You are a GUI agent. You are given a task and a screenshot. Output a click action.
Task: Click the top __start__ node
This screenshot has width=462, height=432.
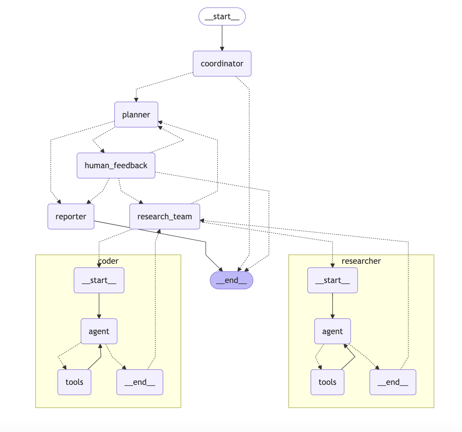pyautogui.click(x=222, y=17)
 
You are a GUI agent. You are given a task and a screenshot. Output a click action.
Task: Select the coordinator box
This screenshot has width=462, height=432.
pyautogui.click(x=222, y=64)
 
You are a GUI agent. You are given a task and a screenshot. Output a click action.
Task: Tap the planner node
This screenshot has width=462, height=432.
pyautogui.click(x=136, y=115)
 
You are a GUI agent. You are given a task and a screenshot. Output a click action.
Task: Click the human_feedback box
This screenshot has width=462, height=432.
pyautogui.click(x=116, y=166)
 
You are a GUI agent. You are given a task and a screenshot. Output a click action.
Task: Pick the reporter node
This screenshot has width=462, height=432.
pyautogui.click(x=71, y=217)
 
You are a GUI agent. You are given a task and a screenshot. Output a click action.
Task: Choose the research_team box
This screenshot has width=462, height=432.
pyautogui.click(x=165, y=217)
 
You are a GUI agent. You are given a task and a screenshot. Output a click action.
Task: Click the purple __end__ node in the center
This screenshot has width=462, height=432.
pyautogui.click(x=231, y=280)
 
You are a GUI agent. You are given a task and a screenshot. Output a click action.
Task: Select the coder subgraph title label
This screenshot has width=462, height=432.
pyautogui.click(x=108, y=261)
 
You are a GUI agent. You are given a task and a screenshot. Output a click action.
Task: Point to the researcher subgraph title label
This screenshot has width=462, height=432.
pyautogui.click(x=361, y=261)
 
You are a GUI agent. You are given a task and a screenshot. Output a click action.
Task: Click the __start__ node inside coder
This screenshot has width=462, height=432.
pyautogui.click(x=99, y=280)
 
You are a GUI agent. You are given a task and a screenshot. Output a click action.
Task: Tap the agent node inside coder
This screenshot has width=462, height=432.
pyautogui.click(x=99, y=331)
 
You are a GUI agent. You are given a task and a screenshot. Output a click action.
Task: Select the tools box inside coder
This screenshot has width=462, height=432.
pyautogui.click(x=74, y=382)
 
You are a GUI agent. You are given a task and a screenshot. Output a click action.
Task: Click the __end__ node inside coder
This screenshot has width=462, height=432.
pyautogui.click(x=140, y=382)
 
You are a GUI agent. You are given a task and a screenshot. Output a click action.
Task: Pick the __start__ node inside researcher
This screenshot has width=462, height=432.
pyautogui.click(x=333, y=280)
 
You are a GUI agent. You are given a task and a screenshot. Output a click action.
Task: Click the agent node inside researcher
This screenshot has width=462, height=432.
pyautogui.click(x=333, y=331)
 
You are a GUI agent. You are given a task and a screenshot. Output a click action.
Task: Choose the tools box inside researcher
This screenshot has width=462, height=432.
pyautogui.click(x=327, y=382)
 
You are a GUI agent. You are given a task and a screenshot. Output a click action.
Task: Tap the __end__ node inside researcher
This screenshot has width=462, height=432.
pyautogui.click(x=393, y=382)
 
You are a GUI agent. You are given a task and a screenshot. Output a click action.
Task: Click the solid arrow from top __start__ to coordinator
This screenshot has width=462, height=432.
pyautogui.click(x=222, y=38)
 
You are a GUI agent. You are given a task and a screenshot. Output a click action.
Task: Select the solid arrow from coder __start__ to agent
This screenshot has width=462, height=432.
pyautogui.click(x=99, y=306)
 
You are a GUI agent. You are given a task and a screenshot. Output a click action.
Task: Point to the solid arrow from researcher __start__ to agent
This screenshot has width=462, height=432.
pyautogui.click(x=333, y=306)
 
